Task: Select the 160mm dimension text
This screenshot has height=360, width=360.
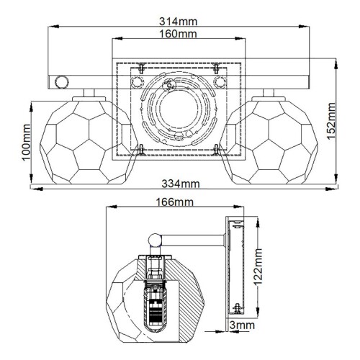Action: point(178,34)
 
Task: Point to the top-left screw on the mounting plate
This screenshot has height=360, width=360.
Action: point(142,69)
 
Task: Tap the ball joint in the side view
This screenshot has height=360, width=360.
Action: point(153,240)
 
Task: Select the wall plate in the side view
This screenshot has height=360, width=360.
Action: point(235,266)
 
